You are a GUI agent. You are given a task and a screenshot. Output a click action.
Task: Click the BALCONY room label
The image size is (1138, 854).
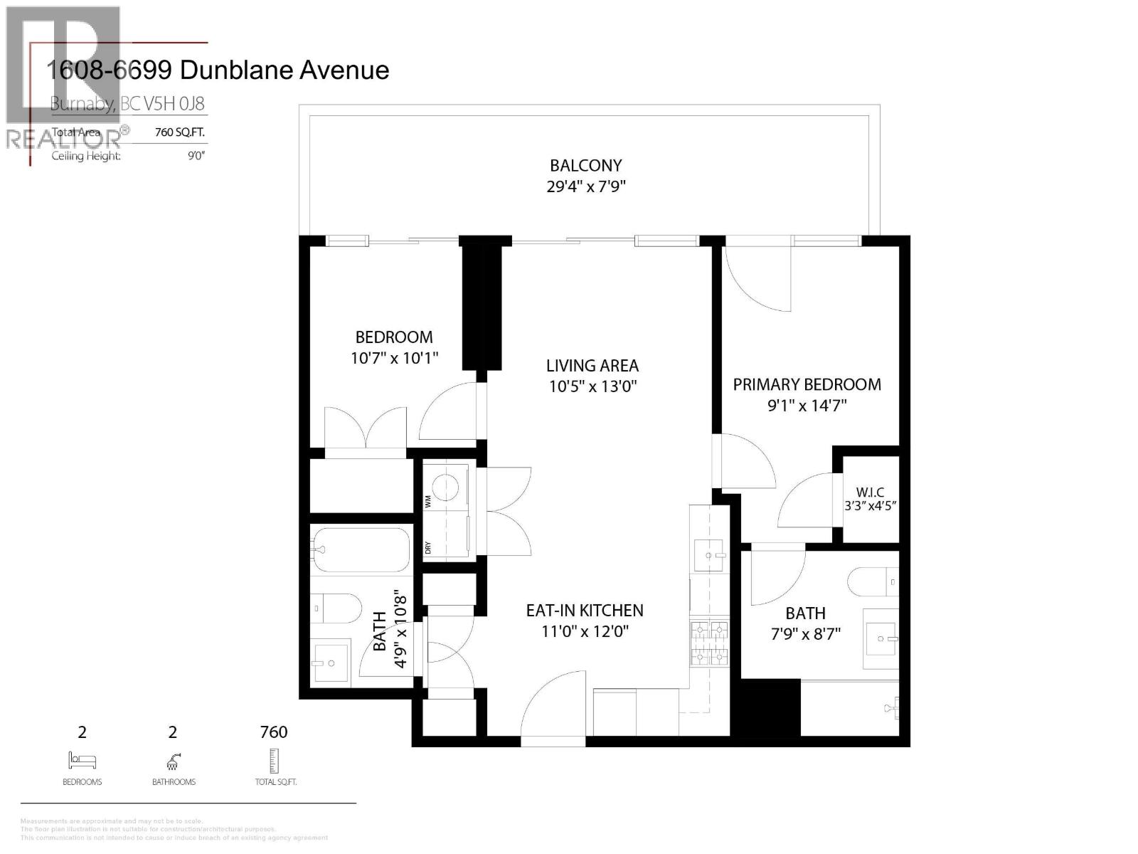585,166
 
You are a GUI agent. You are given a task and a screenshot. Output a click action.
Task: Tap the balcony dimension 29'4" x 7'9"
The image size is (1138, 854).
585,187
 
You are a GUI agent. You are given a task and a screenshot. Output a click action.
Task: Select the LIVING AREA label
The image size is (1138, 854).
592,366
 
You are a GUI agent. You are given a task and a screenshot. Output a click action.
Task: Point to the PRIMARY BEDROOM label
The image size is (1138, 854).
807,385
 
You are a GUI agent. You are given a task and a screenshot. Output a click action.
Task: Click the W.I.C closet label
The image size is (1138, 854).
870,492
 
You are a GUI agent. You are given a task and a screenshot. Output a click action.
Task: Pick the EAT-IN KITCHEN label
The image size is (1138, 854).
585,611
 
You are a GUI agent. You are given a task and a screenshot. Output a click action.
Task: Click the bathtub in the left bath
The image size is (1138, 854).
361,549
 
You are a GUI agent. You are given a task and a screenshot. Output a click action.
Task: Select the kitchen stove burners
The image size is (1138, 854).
709,643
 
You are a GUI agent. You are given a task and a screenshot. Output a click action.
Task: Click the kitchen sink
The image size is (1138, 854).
708,554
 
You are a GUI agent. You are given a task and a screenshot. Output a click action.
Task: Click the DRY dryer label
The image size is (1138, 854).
428,548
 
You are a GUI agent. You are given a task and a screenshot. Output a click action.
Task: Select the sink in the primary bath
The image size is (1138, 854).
881,638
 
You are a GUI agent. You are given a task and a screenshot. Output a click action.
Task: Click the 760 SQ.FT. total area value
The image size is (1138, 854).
180,132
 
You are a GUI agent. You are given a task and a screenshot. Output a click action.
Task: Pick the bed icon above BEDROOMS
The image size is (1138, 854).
82,760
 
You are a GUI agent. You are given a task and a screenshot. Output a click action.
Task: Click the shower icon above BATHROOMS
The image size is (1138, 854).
173,761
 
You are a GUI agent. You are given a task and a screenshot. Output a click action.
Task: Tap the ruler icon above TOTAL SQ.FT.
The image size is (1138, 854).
274,761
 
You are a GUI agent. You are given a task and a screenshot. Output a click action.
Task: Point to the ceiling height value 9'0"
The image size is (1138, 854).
196,156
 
